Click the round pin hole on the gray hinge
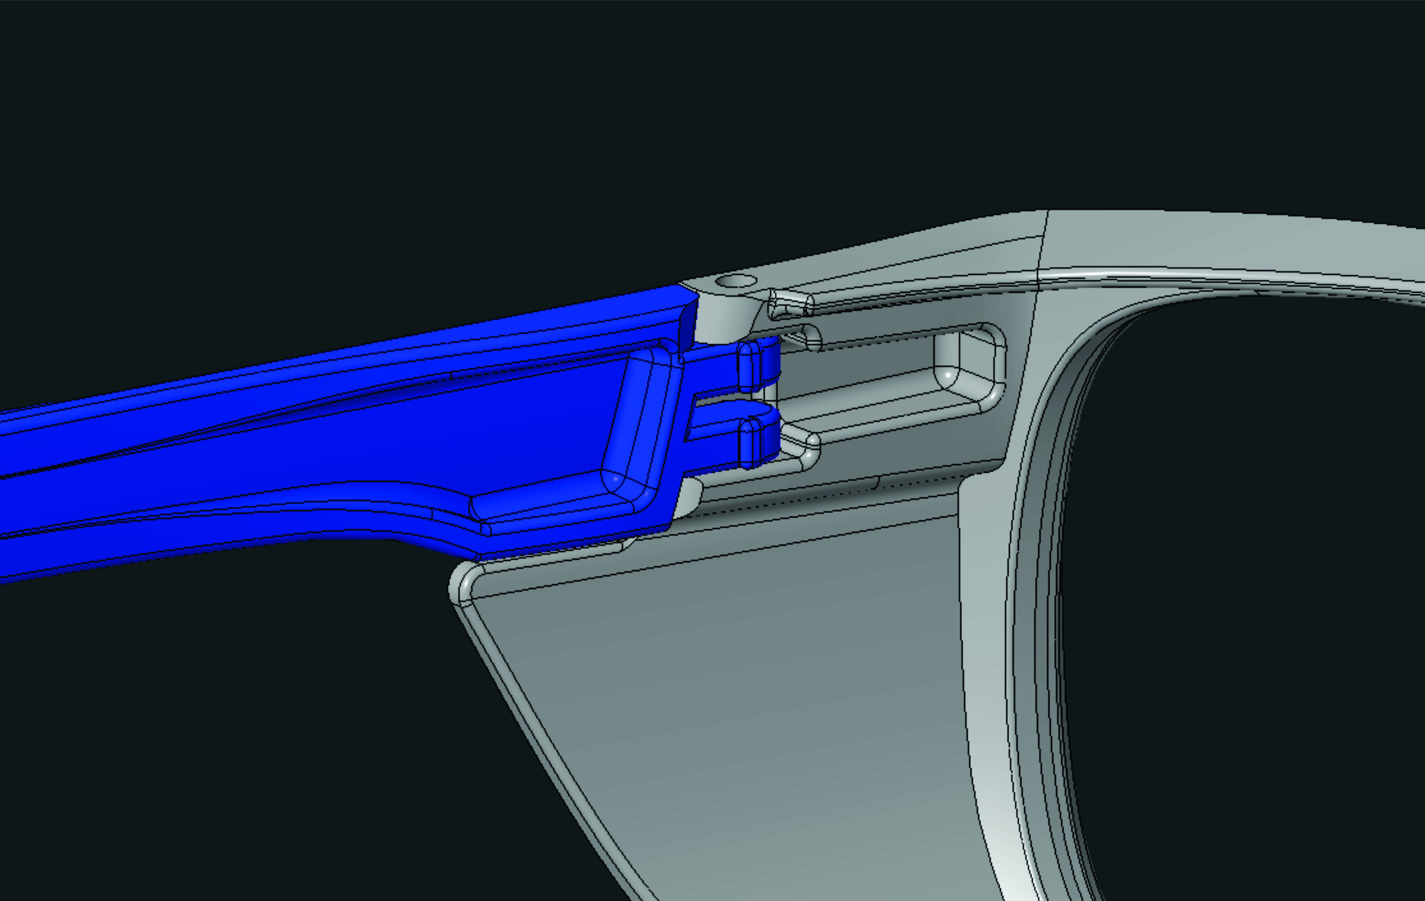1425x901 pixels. click(736, 281)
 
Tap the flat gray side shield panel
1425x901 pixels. click(740, 681)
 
